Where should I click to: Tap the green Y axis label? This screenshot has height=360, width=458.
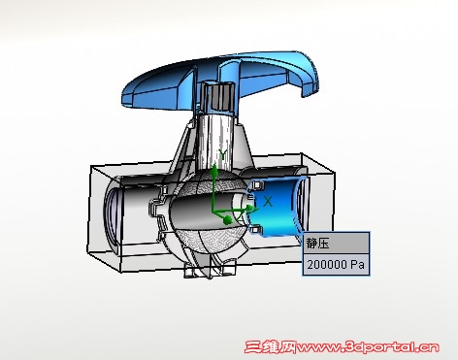(222, 154)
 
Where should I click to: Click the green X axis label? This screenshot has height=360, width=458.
(268, 202)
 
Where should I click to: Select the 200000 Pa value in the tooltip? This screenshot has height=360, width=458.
(336, 265)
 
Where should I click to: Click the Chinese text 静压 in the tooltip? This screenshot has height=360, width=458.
(317, 244)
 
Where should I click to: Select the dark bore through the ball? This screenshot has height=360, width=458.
(202, 213)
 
